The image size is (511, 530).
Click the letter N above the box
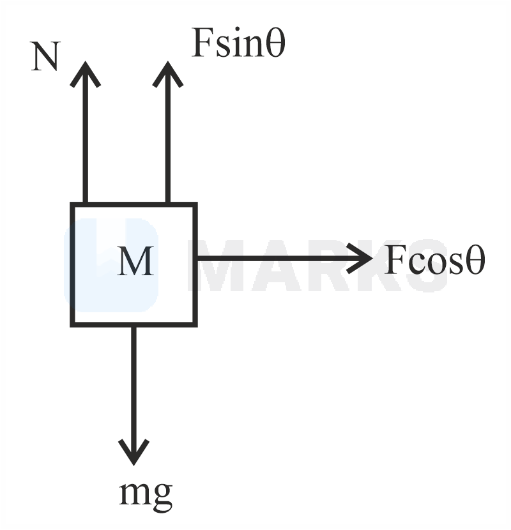click(x=45, y=57)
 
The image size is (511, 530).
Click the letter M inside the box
click(x=135, y=262)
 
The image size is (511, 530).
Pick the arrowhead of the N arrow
click(x=85, y=73)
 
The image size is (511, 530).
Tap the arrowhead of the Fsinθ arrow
click(x=167, y=73)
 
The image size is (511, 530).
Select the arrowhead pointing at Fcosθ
click(x=361, y=258)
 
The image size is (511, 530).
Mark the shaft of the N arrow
click(x=85, y=140)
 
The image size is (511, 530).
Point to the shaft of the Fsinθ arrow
click(x=167, y=140)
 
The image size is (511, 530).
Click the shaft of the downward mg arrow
click(x=133, y=383)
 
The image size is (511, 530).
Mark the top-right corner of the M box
click(x=195, y=205)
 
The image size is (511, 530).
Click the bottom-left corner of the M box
click(x=73, y=324)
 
